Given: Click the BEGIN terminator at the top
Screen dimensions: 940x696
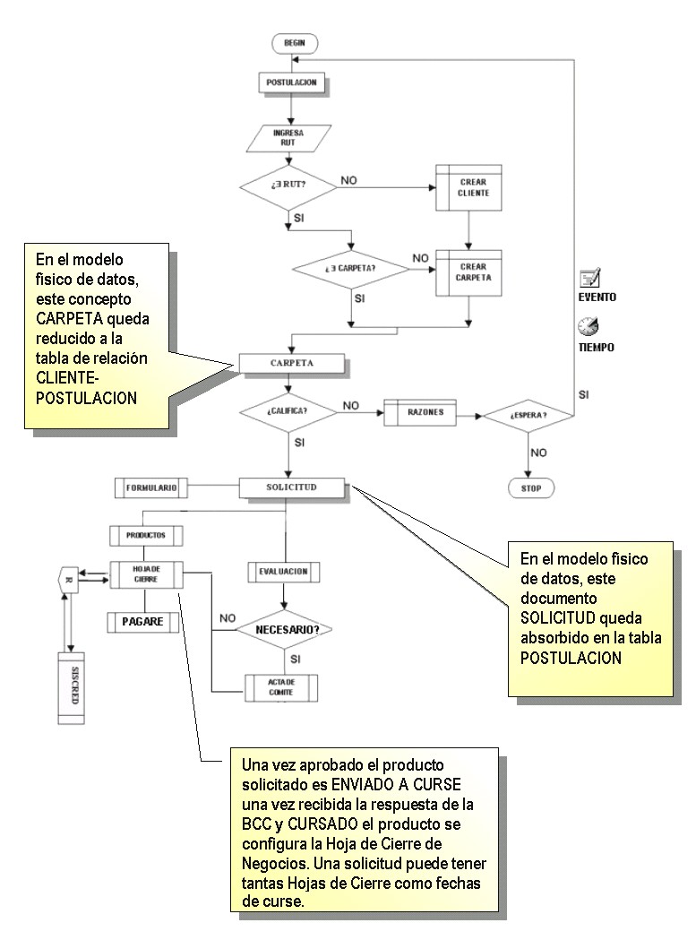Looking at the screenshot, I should coord(294,42).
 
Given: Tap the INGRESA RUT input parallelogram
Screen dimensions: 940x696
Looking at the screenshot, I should coord(288,136).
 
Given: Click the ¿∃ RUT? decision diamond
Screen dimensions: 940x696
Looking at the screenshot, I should coord(288,188).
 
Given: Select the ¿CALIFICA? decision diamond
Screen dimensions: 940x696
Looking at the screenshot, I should coord(288,411).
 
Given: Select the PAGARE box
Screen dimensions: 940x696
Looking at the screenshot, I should coord(143,621).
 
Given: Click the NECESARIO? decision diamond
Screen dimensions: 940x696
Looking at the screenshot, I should coord(284,629).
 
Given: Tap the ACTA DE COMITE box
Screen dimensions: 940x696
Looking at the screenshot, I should coord(281,687).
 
